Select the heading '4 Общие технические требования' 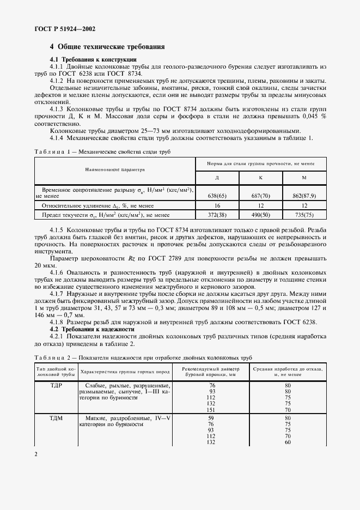pyautogui.click(x=107, y=47)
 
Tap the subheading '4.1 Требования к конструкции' pyautogui.click(x=93, y=59)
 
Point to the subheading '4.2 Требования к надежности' pyautogui.click(x=91, y=329)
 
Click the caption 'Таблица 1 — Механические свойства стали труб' pyautogui.click(x=102, y=152)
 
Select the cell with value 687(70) pyautogui.click(x=260, y=195)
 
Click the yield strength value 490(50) pyautogui.click(x=260, y=216)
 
